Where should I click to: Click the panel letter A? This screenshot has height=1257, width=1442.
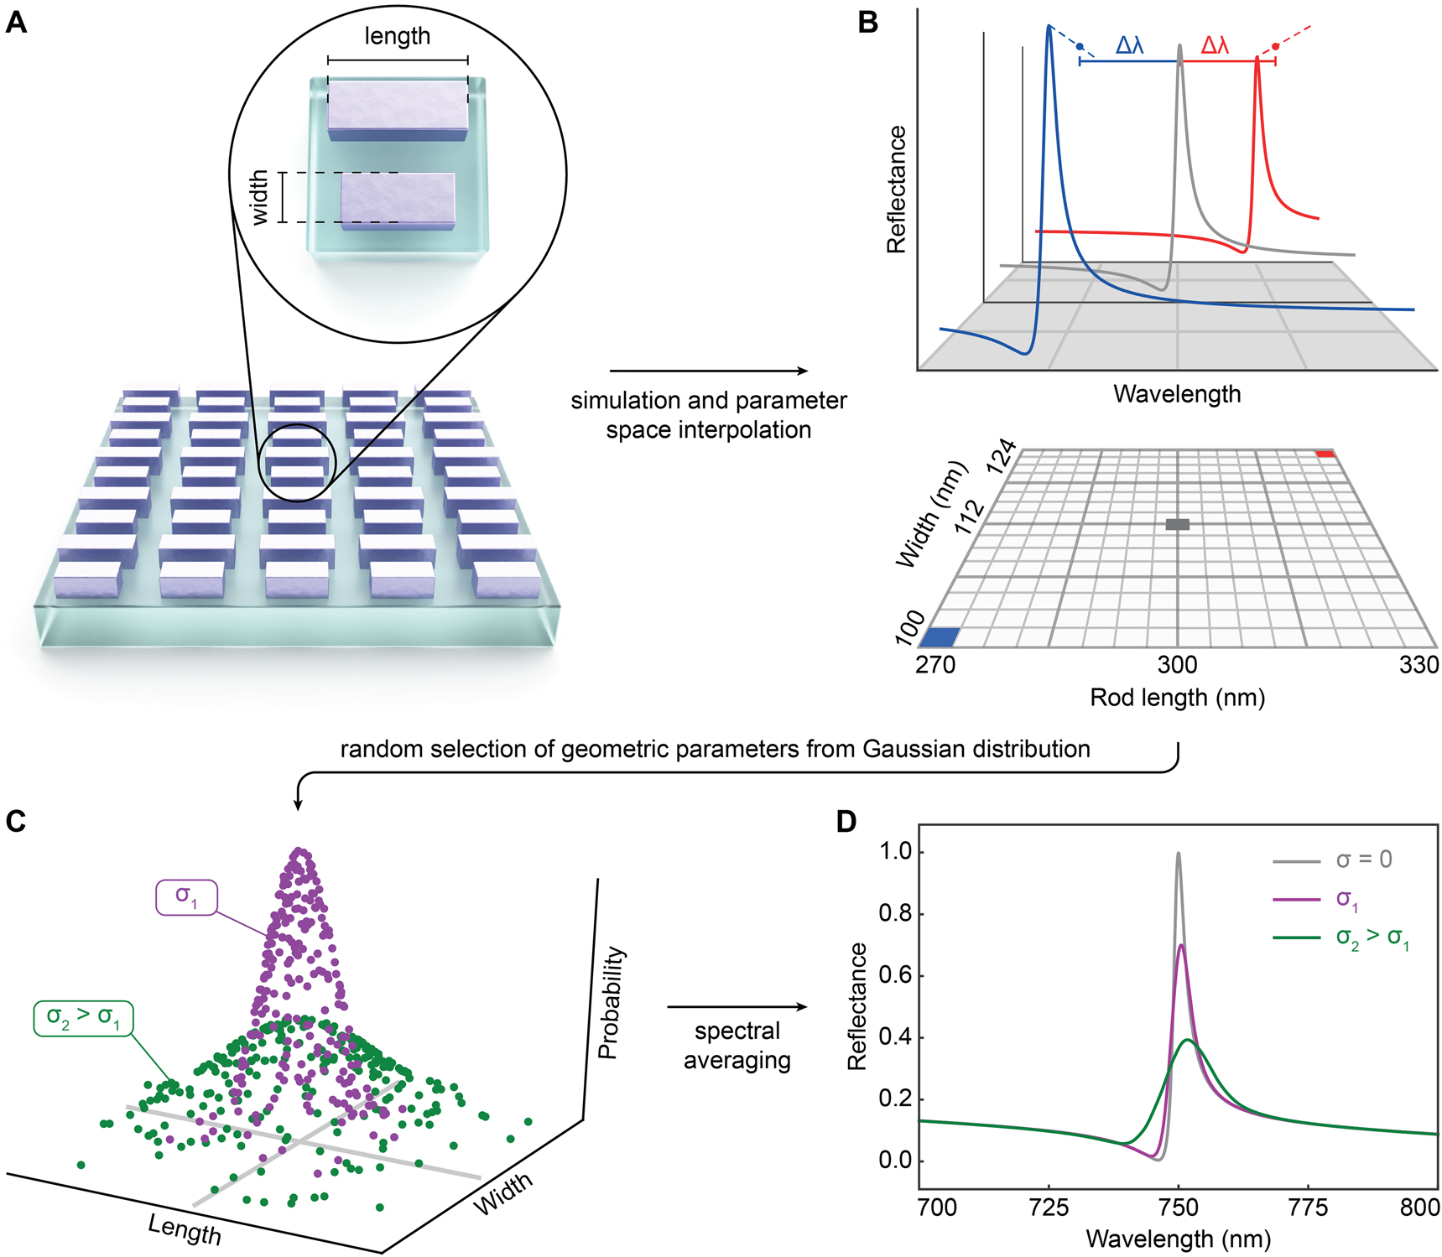pos(16,23)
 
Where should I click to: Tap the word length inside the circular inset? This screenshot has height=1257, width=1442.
pos(397,36)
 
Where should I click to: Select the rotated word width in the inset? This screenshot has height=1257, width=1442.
pos(260,198)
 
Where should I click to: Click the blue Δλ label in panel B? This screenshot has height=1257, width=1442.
pos(1129,45)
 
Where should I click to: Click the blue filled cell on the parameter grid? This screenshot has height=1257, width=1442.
pos(940,636)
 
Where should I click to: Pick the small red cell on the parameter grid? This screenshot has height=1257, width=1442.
pos(1325,454)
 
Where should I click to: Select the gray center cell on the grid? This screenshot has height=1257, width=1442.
pos(1177,524)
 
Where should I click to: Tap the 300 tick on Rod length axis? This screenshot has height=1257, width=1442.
pos(1177,665)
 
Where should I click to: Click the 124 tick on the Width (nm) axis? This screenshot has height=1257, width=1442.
pos(1002,458)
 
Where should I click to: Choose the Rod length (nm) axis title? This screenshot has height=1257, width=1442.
pos(1177,698)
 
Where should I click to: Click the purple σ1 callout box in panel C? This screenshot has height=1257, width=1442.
pos(186,897)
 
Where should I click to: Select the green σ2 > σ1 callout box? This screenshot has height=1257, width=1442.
pos(83,1018)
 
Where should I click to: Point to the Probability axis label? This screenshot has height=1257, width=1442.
pos(611,1003)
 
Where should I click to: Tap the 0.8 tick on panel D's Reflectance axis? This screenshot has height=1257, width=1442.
pos(895,913)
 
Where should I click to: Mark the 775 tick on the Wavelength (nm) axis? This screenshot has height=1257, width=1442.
pos(1309,1208)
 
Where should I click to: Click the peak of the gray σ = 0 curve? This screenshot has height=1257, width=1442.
pos(1178,854)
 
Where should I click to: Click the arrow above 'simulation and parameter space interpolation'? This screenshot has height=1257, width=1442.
pos(708,371)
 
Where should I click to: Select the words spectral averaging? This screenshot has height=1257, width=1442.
pos(737,1046)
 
